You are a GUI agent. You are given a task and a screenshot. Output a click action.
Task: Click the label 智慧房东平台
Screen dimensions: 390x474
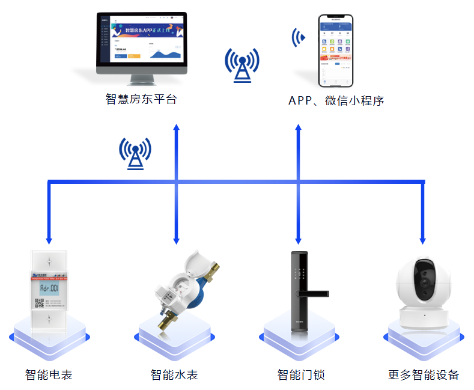click(141, 99)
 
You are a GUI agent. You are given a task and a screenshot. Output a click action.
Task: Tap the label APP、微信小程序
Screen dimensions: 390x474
click(336, 100)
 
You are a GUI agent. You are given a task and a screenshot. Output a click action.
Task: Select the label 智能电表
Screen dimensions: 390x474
click(49, 375)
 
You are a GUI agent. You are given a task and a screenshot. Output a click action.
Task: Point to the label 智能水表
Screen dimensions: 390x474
click(174, 375)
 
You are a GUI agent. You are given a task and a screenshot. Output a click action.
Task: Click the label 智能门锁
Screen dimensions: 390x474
click(301, 375)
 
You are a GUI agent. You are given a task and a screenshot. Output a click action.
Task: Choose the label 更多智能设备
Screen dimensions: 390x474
click(424, 375)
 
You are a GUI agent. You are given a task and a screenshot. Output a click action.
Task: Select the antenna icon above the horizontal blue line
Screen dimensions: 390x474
click(135, 153)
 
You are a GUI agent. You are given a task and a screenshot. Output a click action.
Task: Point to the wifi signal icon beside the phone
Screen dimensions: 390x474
click(298, 37)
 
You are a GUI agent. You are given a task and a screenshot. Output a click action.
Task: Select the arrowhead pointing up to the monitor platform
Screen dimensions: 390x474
click(177, 129)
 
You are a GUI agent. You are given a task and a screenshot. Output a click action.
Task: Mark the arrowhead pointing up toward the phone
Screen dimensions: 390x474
click(298, 129)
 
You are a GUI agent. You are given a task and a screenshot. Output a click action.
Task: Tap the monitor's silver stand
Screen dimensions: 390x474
click(142, 80)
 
